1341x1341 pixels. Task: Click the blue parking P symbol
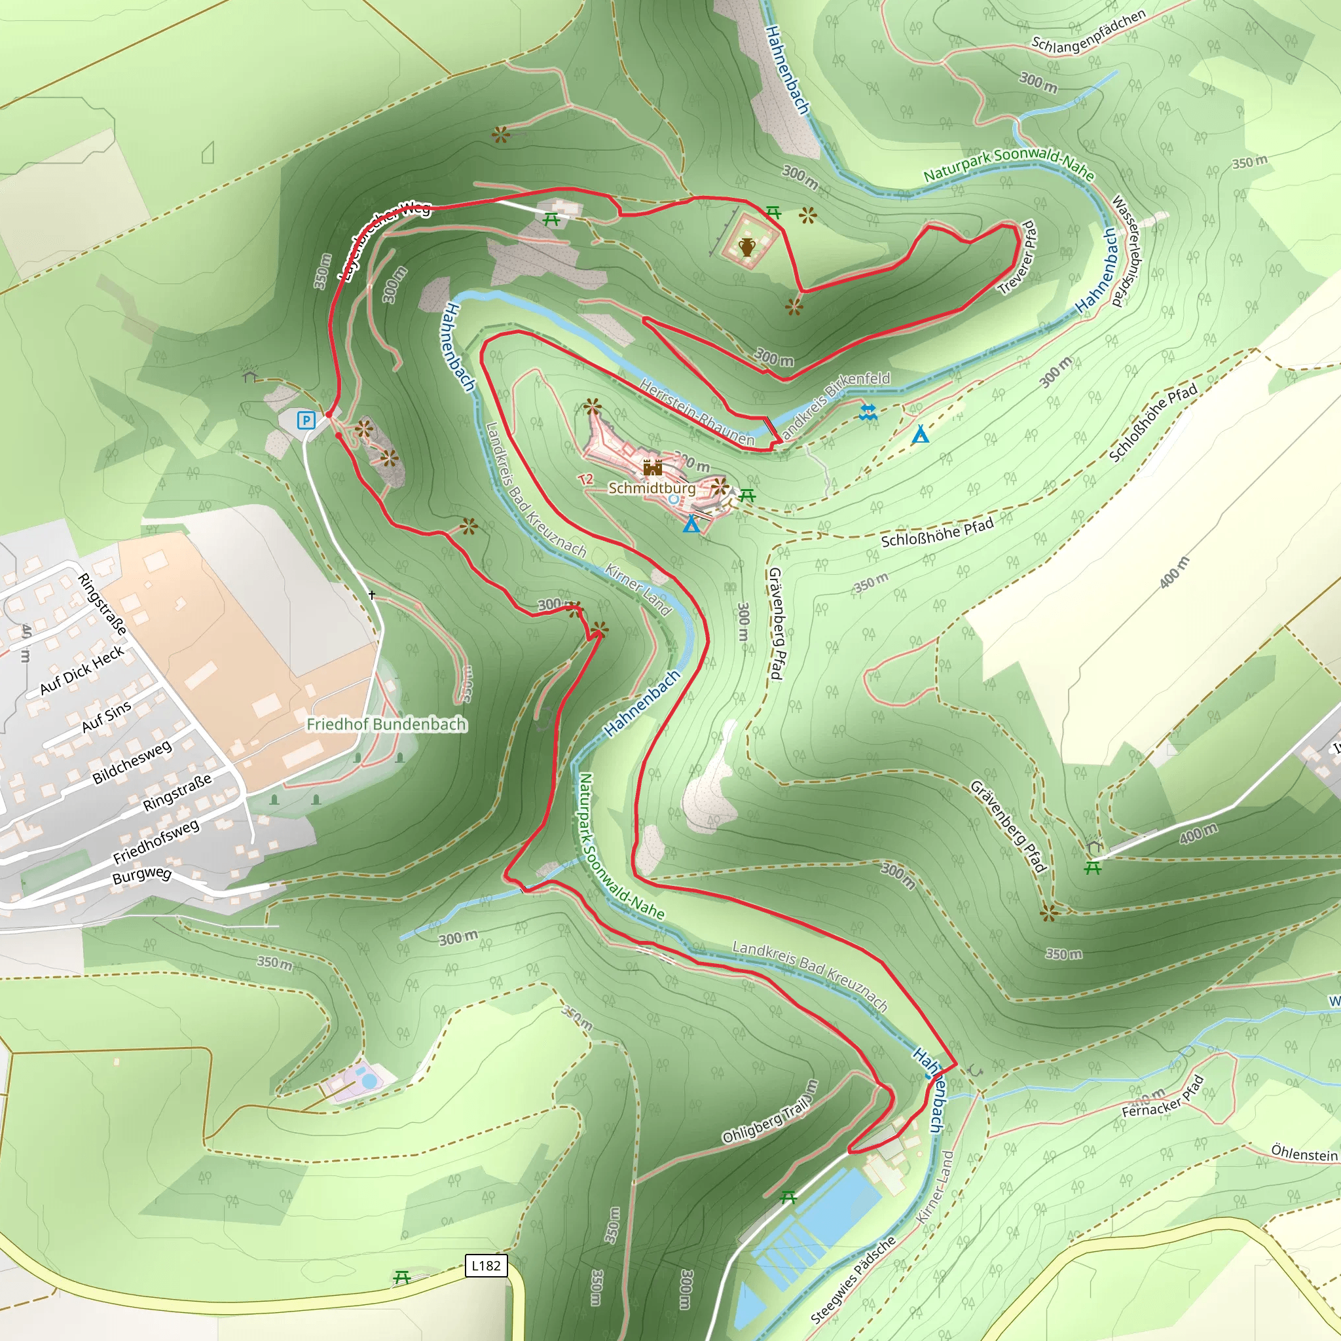(306, 420)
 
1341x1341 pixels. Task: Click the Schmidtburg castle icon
(652, 467)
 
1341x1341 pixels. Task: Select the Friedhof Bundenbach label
(386, 724)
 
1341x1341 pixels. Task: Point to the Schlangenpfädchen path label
(1088, 32)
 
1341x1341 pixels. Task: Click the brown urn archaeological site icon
(747, 246)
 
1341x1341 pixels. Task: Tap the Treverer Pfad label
(1018, 257)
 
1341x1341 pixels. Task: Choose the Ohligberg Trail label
(770, 1112)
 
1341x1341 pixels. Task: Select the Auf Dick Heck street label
(82, 670)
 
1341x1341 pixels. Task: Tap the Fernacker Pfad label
(1163, 1097)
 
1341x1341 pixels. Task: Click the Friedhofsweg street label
(156, 841)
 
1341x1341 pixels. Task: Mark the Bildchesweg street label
(132, 762)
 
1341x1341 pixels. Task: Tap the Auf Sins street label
(106, 717)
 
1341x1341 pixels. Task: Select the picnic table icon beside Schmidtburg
(747, 495)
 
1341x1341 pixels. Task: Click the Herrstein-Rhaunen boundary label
(697, 413)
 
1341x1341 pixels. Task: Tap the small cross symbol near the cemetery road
(372, 595)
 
